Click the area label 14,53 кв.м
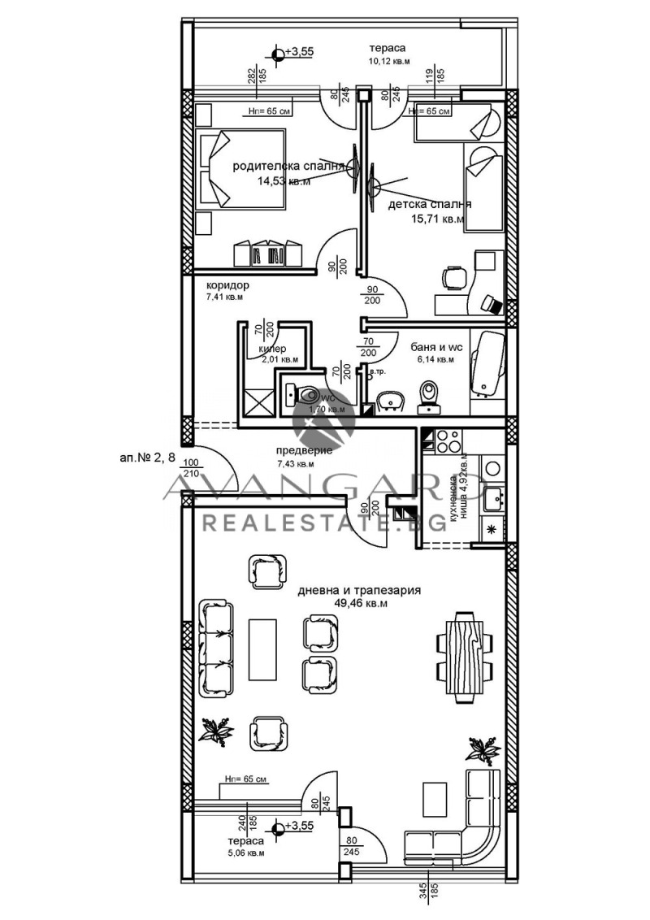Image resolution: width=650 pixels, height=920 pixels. click(284, 181)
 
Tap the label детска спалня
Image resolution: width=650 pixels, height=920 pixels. click(430, 204)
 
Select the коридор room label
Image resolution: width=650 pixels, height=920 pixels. click(227, 285)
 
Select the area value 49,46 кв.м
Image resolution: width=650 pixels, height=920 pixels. click(362, 604)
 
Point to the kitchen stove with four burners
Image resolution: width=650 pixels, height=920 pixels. click(448, 440)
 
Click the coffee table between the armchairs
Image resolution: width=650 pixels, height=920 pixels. click(263, 649)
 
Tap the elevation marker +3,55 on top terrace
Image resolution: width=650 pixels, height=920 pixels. click(279, 53)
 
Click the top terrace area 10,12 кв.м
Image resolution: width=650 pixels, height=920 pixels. click(390, 61)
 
